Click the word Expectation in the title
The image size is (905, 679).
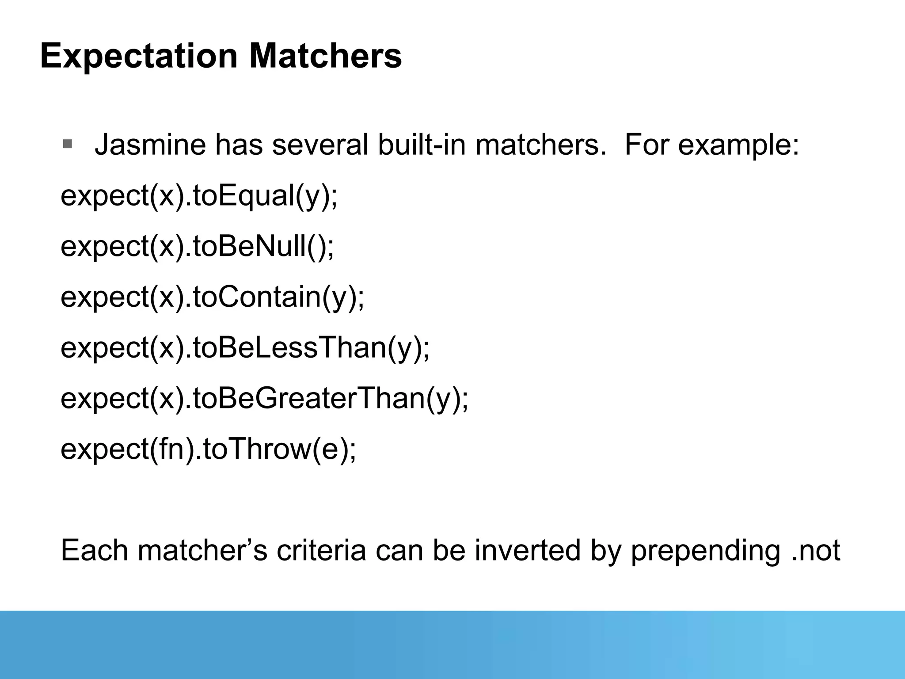pyautogui.click(x=139, y=56)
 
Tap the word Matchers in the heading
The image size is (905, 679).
pyautogui.click(x=325, y=56)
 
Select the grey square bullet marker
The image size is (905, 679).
pyautogui.click(x=67, y=144)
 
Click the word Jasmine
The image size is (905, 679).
pyautogui.click(x=150, y=145)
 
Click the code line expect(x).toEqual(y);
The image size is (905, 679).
pyautogui.click(x=199, y=196)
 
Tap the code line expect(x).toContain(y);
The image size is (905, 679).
pyautogui.click(x=213, y=298)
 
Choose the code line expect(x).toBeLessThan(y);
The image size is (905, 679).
pyautogui.click(x=245, y=348)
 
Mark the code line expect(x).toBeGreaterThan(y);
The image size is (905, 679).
pyautogui.click(x=264, y=399)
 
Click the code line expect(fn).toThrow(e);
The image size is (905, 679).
pyautogui.click(x=208, y=449)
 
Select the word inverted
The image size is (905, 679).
pyautogui.click(x=528, y=551)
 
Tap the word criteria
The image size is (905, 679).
pyautogui.click(x=321, y=551)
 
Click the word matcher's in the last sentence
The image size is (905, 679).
pyautogui.click(x=202, y=551)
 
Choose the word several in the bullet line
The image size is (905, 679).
pyautogui.click(x=320, y=145)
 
